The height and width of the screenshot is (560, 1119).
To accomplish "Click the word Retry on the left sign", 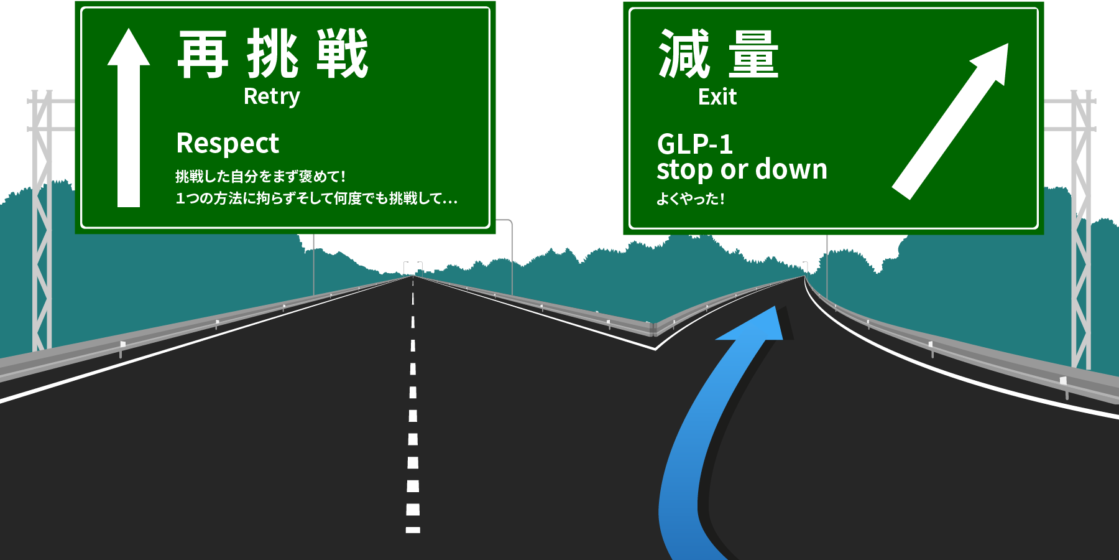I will [x=272, y=96].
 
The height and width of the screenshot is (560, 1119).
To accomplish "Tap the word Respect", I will [x=228, y=144].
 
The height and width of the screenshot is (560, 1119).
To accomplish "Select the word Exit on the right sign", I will [x=717, y=97].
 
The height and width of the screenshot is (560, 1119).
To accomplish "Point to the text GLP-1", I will [x=694, y=144].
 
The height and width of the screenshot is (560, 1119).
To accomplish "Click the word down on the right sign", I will [x=791, y=169].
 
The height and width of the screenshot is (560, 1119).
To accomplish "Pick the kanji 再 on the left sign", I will [x=203, y=55].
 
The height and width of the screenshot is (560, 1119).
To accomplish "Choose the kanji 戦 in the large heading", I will [x=342, y=55].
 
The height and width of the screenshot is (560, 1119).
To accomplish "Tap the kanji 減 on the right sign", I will [x=684, y=55].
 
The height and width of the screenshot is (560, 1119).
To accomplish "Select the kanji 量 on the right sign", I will [x=753, y=55].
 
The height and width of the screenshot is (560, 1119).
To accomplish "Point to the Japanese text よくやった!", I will [x=690, y=199].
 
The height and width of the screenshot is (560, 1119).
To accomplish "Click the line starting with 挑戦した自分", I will [x=260, y=177].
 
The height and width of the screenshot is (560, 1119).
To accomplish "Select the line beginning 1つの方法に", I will [x=316, y=198].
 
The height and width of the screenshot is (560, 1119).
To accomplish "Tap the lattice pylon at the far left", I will [x=42, y=218].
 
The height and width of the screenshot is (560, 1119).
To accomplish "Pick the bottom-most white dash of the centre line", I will [x=413, y=530].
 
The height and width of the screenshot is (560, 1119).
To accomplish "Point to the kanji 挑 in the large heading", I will [x=272, y=55].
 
